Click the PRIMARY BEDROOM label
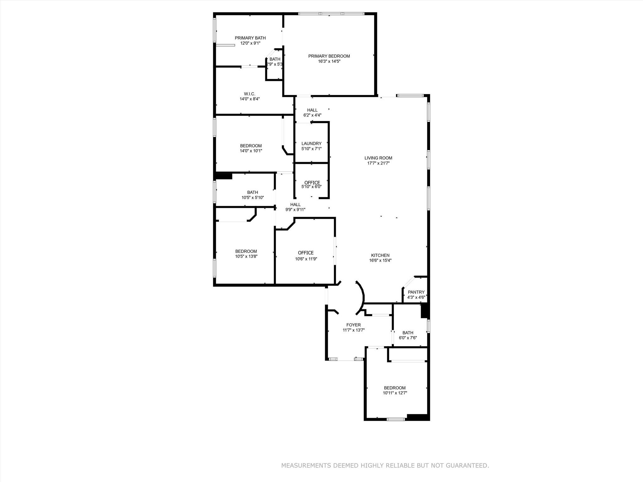pyautogui.click(x=329, y=56)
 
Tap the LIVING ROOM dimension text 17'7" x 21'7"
pyautogui.click(x=378, y=163)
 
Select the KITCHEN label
pyautogui.click(x=380, y=255)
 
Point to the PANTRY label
pyautogui.click(x=416, y=292)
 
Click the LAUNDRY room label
pyautogui.click(x=311, y=144)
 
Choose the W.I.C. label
pyautogui.click(x=250, y=94)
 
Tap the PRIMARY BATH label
pyautogui.click(x=250, y=38)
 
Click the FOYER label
pyautogui.click(x=354, y=325)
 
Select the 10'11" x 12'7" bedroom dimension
pyautogui.click(x=395, y=393)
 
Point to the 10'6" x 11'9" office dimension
pyautogui.click(x=306, y=259)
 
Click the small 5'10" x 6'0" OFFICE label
pyautogui.click(x=312, y=183)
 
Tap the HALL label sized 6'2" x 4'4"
pyautogui.click(x=312, y=110)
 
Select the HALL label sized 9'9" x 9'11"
pyautogui.click(x=295, y=205)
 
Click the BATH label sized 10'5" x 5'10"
pyautogui.click(x=252, y=192)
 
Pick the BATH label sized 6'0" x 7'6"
pyautogui.click(x=408, y=333)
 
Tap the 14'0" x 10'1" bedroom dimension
pyautogui.click(x=251, y=151)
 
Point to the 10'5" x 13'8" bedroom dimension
pyautogui.click(x=246, y=256)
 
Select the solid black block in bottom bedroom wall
pyautogui.click(x=417, y=417)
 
